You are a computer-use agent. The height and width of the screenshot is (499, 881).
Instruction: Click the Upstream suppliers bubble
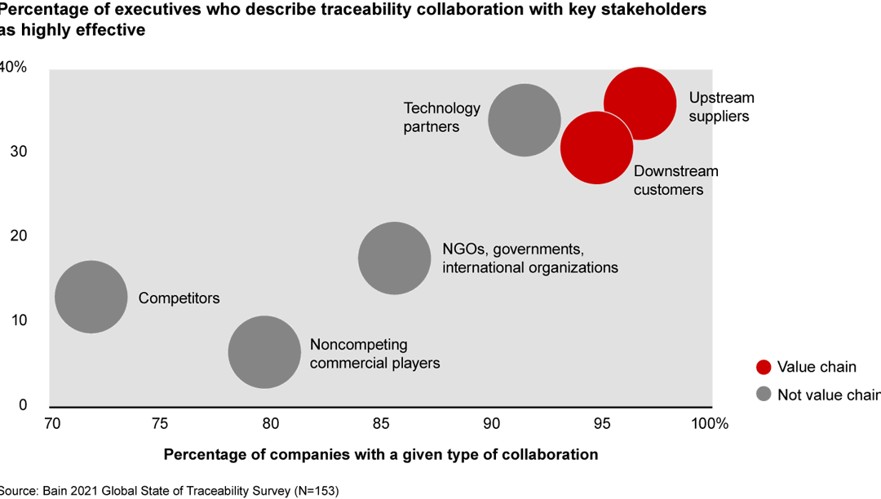[x=640, y=104]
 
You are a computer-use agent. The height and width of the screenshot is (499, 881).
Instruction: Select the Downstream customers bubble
[x=597, y=148]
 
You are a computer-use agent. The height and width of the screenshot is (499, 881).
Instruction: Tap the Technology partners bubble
[x=525, y=120]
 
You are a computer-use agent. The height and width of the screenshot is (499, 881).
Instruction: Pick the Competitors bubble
[x=91, y=297]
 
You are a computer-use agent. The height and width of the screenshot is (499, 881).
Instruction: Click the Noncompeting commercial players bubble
[x=264, y=352]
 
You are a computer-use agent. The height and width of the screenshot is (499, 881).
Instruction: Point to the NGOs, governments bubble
[x=395, y=258]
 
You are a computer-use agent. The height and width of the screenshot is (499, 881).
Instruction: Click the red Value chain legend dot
[x=764, y=367]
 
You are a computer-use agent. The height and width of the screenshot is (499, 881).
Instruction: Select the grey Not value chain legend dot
[x=764, y=395]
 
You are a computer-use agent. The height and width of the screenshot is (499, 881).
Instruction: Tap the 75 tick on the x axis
[x=160, y=423]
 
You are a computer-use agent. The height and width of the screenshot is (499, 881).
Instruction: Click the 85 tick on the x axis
[x=381, y=423]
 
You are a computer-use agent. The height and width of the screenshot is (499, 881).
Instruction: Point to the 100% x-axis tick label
[x=709, y=423]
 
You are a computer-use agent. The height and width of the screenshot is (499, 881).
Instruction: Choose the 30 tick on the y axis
[x=19, y=152]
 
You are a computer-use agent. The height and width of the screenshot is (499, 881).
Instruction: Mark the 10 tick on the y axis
[x=19, y=320]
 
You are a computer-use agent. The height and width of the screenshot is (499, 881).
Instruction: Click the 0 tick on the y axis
[x=23, y=405]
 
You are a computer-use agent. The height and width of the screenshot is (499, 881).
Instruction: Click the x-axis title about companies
[x=381, y=454]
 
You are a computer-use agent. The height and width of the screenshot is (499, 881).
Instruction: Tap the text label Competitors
[x=179, y=298]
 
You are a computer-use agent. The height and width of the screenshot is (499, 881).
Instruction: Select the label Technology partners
[x=441, y=117]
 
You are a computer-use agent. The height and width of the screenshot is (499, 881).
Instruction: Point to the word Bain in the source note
[x=55, y=491]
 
